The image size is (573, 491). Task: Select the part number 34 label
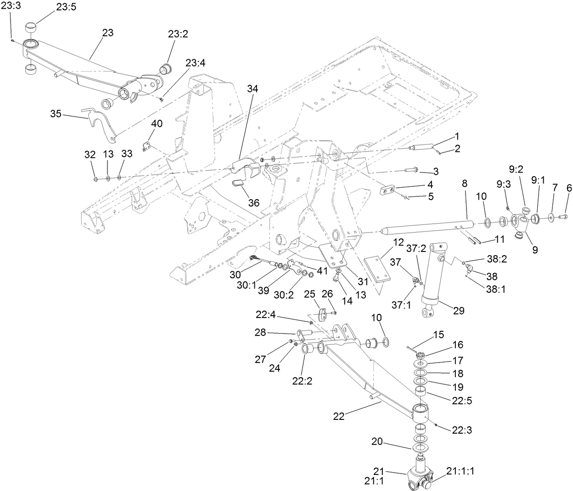[252, 89]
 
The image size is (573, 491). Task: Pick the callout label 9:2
[517, 169]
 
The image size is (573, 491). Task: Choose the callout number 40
[157, 124]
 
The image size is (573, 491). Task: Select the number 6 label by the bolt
[569, 188]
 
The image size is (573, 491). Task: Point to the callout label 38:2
[496, 259]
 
